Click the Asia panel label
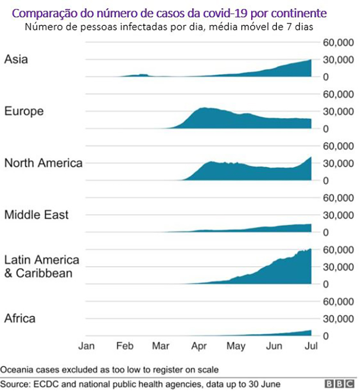16,59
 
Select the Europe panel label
24,111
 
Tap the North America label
43,163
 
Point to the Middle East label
36,214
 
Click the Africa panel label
19,319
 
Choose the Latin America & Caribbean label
41,266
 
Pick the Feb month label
124,346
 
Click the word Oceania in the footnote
17,370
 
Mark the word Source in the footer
13,384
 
